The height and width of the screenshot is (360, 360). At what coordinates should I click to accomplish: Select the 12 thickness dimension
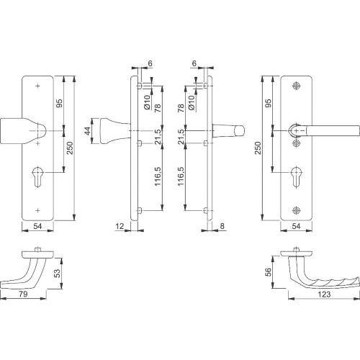[119, 225]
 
